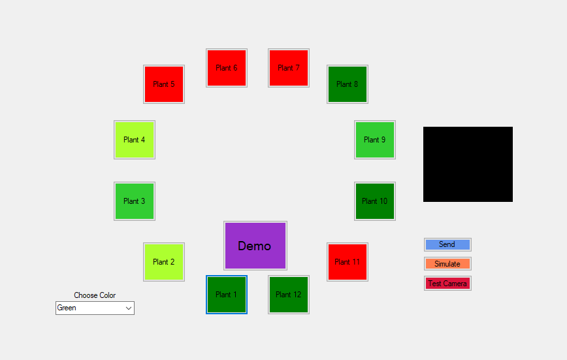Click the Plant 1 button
point(226,295)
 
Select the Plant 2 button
point(164,262)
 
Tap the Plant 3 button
point(135,201)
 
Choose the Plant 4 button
point(135,140)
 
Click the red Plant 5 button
point(164,84)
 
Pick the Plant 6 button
point(227,68)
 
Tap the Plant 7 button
point(289,68)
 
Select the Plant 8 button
point(348,84)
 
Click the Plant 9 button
point(375,140)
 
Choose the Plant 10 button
point(375,201)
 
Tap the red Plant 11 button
point(348,262)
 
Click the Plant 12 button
point(289,295)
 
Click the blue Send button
point(447,244)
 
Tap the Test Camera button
point(447,284)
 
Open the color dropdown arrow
point(129,308)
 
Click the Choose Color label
point(95,295)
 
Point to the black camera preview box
point(468,164)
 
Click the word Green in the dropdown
point(67,308)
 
